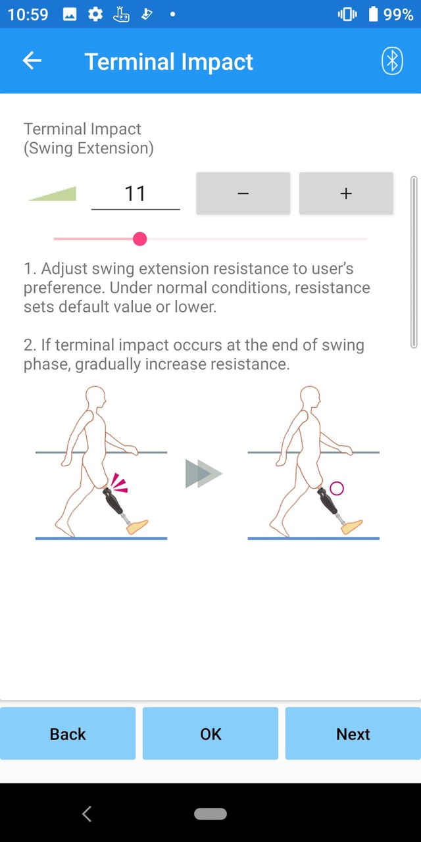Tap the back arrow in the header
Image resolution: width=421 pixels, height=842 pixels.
coord(32,61)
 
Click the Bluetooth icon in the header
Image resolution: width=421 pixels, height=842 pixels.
coord(392,61)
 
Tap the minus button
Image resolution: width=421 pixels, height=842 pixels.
coord(243,193)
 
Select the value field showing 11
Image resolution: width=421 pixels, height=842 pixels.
coord(135,193)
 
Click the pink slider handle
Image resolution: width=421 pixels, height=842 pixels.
coord(139,239)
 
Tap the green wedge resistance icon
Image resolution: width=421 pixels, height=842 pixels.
coord(53,193)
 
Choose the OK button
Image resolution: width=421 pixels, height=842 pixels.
coord(210,733)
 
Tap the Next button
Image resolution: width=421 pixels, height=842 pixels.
coord(353,733)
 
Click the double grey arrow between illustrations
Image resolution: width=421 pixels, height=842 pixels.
coord(203,474)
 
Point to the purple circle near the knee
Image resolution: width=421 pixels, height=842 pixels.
coord(337,488)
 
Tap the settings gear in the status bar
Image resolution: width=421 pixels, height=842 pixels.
coord(95,14)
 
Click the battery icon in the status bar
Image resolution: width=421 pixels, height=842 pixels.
coord(374,14)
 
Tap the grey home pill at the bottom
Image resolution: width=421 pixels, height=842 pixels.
coord(210,814)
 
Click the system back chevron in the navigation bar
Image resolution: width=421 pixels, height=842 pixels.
coord(87,814)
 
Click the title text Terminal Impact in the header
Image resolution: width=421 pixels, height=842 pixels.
coord(168,62)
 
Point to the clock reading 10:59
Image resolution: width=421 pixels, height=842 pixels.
coord(28,14)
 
